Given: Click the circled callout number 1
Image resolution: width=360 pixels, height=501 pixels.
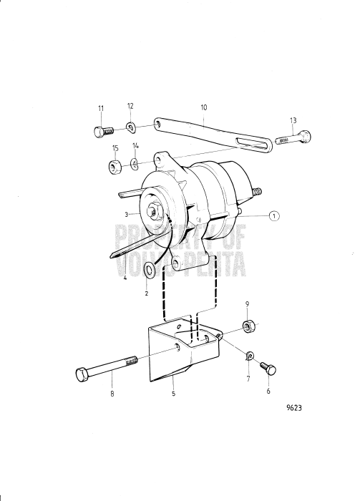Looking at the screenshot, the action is (274, 216).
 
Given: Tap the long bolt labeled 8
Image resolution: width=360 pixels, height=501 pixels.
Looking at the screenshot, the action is (107, 366).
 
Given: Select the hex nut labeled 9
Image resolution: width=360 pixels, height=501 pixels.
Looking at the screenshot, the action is (247, 326).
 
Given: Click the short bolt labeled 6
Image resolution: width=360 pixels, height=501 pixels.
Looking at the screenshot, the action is (268, 368).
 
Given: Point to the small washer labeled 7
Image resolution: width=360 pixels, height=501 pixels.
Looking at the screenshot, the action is (250, 356).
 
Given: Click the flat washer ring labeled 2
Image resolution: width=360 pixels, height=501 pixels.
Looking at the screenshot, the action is (149, 269).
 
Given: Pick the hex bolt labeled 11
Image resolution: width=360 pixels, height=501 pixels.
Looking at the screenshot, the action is (104, 131).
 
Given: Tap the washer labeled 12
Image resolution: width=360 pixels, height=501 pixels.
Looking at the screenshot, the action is (131, 127).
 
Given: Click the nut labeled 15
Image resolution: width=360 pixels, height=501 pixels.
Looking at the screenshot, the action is (115, 167).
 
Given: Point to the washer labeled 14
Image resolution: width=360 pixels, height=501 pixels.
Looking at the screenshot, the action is (135, 163).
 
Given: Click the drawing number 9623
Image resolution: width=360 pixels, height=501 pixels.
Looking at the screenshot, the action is (294, 408).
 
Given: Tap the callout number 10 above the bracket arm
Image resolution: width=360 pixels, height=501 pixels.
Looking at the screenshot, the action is (204, 107).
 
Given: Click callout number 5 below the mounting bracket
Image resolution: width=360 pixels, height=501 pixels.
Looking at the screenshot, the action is (174, 394).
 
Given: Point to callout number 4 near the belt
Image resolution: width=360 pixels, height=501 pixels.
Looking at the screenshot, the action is (125, 278).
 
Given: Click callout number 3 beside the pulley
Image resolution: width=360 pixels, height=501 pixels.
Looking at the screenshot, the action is (127, 215).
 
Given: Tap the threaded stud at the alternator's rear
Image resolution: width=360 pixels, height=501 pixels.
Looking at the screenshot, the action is (257, 191).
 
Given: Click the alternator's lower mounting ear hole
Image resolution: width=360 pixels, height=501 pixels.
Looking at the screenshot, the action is (176, 264).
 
